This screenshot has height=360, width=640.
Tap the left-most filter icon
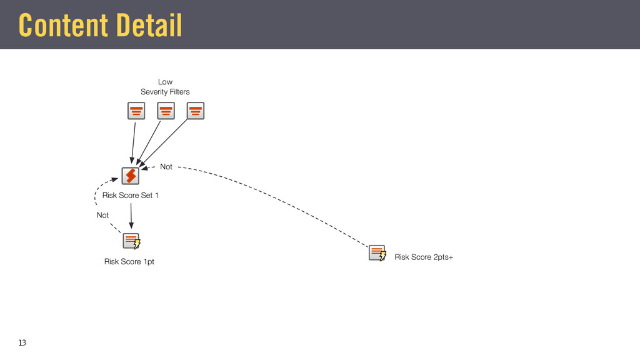[x=136, y=111]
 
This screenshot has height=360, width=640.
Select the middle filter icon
[x=166, y=111]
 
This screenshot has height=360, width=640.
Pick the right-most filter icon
[x=196, y=111]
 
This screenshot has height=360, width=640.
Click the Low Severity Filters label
[x=165, y=87]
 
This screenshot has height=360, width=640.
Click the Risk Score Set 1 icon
[x=130, y=176]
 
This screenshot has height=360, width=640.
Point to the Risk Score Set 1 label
[x=130, y=196]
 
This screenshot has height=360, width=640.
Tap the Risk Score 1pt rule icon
[x=131, y=241]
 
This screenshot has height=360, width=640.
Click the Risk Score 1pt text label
[x=129, y=262]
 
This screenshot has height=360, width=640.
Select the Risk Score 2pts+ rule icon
[x=377, y=253]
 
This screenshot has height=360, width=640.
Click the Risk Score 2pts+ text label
[x=423, y=257]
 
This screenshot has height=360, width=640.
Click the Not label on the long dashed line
[x=166, y=167]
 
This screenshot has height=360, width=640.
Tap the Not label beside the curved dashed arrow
[x=102, y=215]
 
